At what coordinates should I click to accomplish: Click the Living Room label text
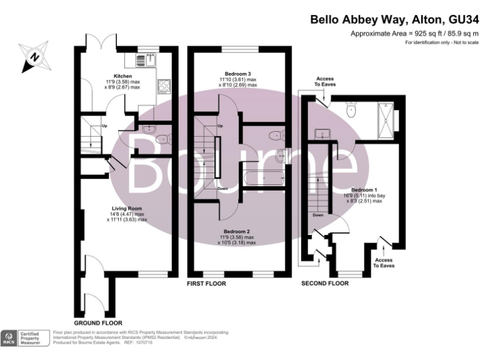(127, 208)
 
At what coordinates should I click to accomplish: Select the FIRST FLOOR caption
(206, 284)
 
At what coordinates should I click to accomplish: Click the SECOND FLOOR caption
(324, 284)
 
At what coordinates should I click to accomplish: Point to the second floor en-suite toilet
(351, 111)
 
